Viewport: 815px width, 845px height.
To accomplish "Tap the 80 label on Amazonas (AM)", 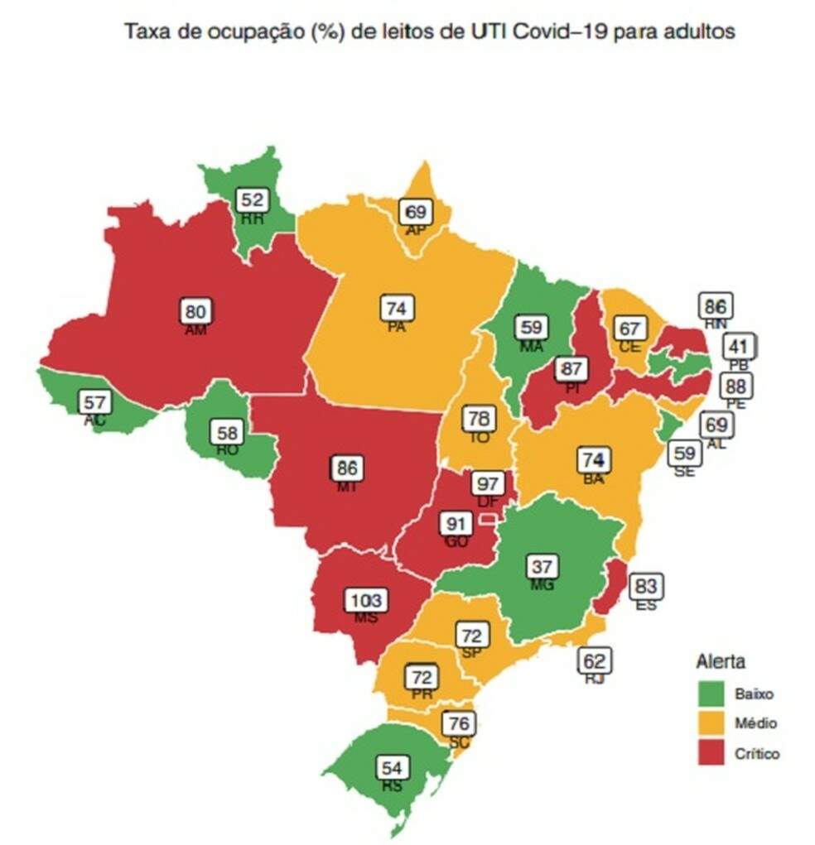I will [197, 312].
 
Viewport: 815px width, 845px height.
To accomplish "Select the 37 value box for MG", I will [543, 567].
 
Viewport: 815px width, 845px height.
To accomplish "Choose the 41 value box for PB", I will [739, 346].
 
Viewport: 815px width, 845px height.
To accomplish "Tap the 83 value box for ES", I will [646, 588].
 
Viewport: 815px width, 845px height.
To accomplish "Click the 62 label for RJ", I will [594, 660].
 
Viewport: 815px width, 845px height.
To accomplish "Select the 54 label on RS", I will [391, 767].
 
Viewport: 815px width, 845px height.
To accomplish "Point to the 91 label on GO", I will [456, 525].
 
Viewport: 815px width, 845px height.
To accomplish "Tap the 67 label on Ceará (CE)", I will [629, 328].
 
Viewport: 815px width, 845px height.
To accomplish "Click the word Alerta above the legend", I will [720, 662].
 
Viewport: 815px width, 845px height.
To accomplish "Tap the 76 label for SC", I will [458, 723].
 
